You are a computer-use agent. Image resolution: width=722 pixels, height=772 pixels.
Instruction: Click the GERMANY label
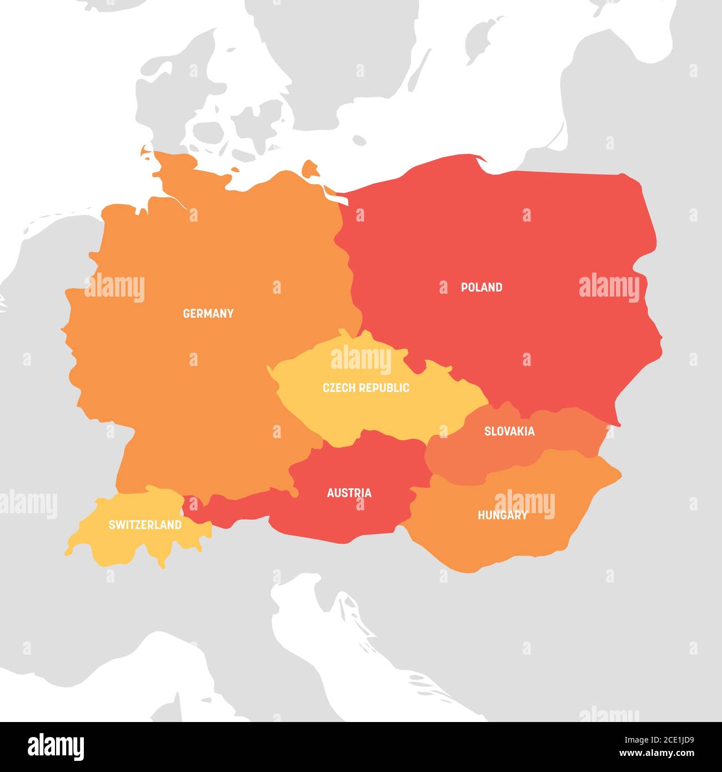coord(208,313)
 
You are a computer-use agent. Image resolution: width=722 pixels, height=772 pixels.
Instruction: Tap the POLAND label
coord(482,287)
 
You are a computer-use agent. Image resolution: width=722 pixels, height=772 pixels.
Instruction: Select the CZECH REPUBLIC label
coord(366,388)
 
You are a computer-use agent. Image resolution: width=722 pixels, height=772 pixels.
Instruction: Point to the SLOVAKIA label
coord(509,431)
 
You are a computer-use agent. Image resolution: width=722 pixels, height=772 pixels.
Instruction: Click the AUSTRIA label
coord(349,493)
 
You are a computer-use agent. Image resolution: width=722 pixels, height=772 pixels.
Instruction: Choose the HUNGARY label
coord(503,515)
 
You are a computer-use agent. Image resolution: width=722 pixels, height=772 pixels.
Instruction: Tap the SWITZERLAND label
coord(145,524)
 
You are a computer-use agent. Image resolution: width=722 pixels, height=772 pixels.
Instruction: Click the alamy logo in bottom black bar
coord(56,747)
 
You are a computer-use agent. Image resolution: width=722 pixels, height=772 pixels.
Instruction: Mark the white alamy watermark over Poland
coord(609,288)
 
